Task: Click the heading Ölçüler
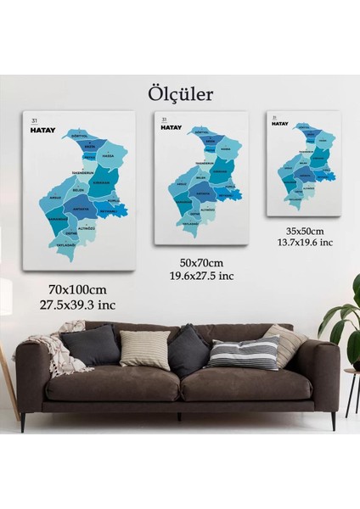(x=180, y=91)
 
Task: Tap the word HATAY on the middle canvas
(x=173, y=127)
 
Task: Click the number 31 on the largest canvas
(x=34, y=118)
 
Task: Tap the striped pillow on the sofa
(x=244, y=351)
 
